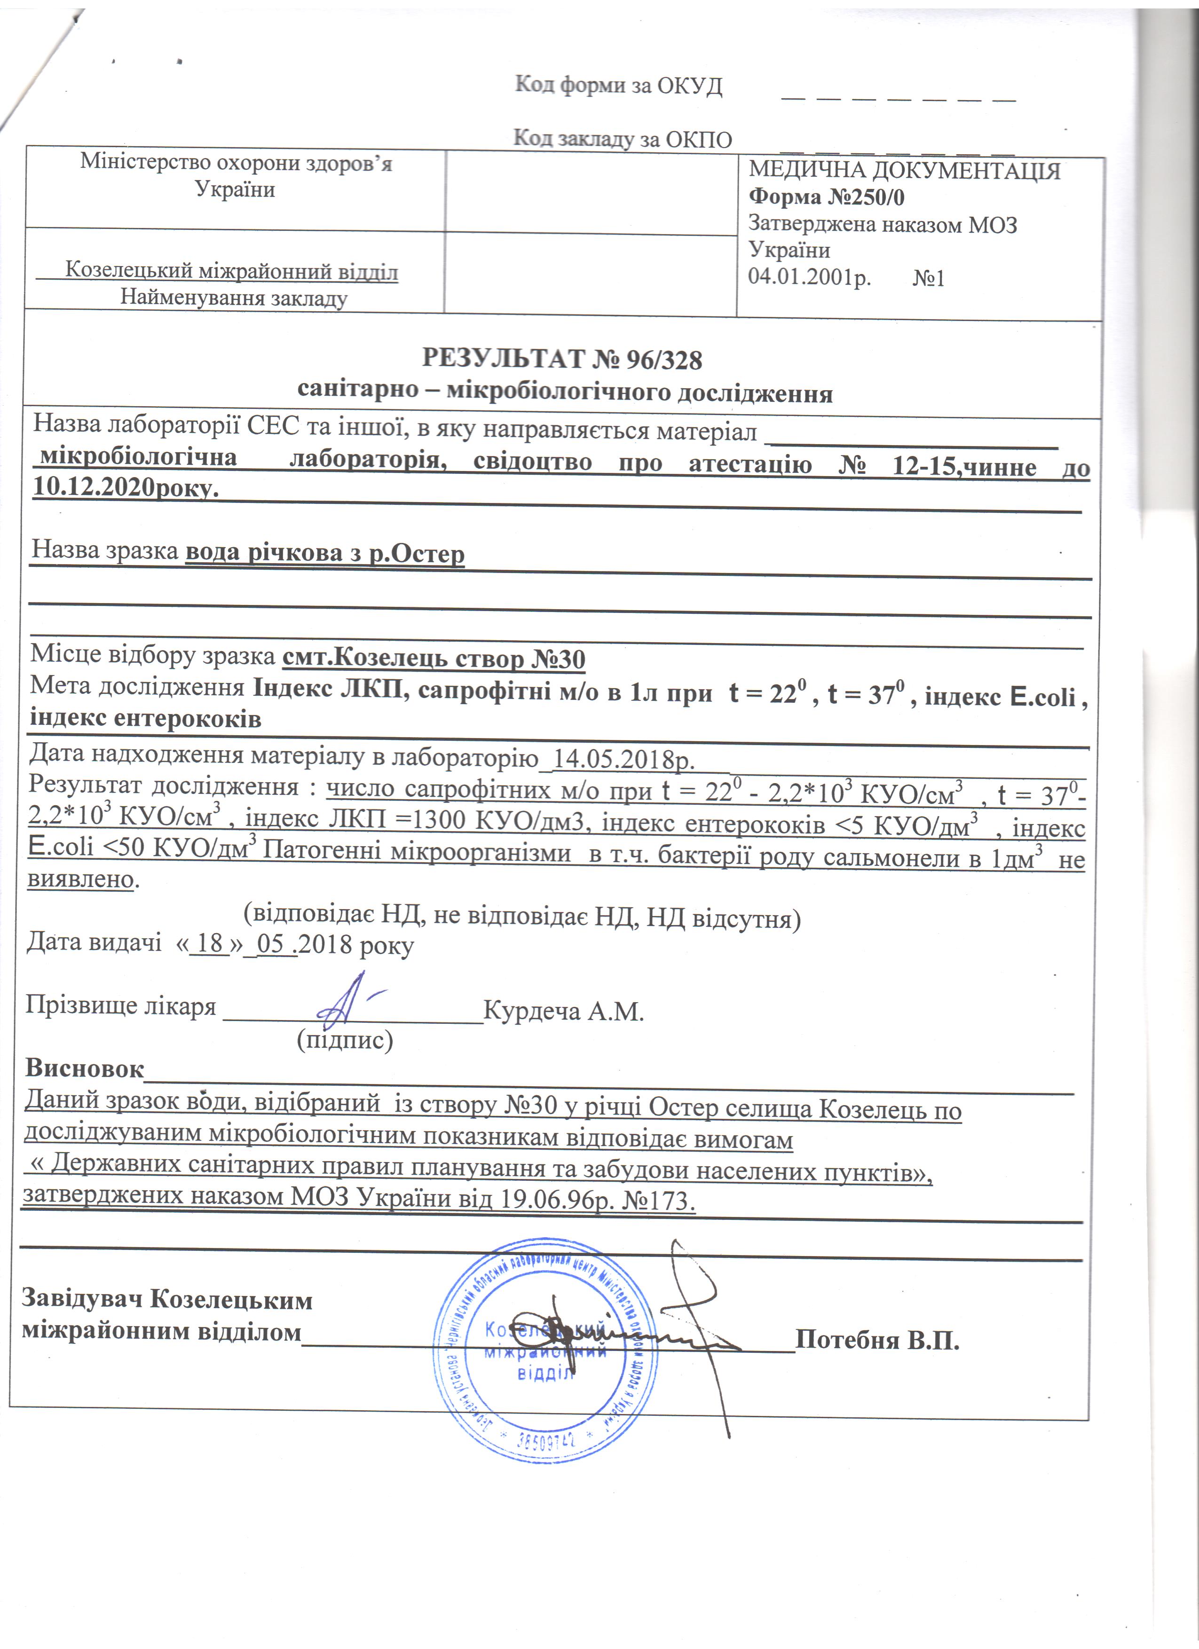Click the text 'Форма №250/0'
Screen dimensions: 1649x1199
pyautogui.click(x=827, y=197)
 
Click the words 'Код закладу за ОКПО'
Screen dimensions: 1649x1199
pyautogui.click(x=623, y=138)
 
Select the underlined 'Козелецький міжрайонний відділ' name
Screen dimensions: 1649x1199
pyautogui.click(x=232, y=271)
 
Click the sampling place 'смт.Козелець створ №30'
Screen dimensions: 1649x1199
pyautogui.click(x=434, y=659)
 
